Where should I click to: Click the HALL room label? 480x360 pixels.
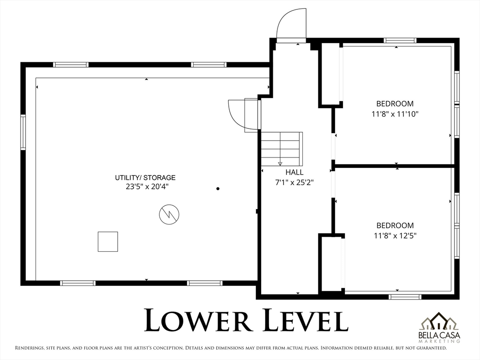[294, 172]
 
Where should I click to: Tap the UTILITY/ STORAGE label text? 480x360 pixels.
[145, 178]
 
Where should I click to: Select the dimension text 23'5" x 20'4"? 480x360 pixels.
[147, 187]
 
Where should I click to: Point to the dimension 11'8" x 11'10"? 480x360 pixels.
[395, 114]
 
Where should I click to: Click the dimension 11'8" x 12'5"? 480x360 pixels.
[395, 236]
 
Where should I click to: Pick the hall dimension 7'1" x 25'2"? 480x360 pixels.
[294, 182]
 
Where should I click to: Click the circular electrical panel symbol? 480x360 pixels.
[169, 214]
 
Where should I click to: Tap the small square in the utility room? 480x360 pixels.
[108, 241]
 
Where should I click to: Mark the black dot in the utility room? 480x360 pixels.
[218, 188]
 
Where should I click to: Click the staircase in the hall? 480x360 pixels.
[282, 149]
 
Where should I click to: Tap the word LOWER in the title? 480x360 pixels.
[198, 320]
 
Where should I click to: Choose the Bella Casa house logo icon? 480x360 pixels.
[439, 322]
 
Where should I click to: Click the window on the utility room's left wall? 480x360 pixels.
[23, 132]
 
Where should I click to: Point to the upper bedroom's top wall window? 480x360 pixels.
[400, 40]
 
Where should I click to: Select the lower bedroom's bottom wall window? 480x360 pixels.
[405, 297]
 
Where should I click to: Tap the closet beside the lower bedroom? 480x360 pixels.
[331, 264]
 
